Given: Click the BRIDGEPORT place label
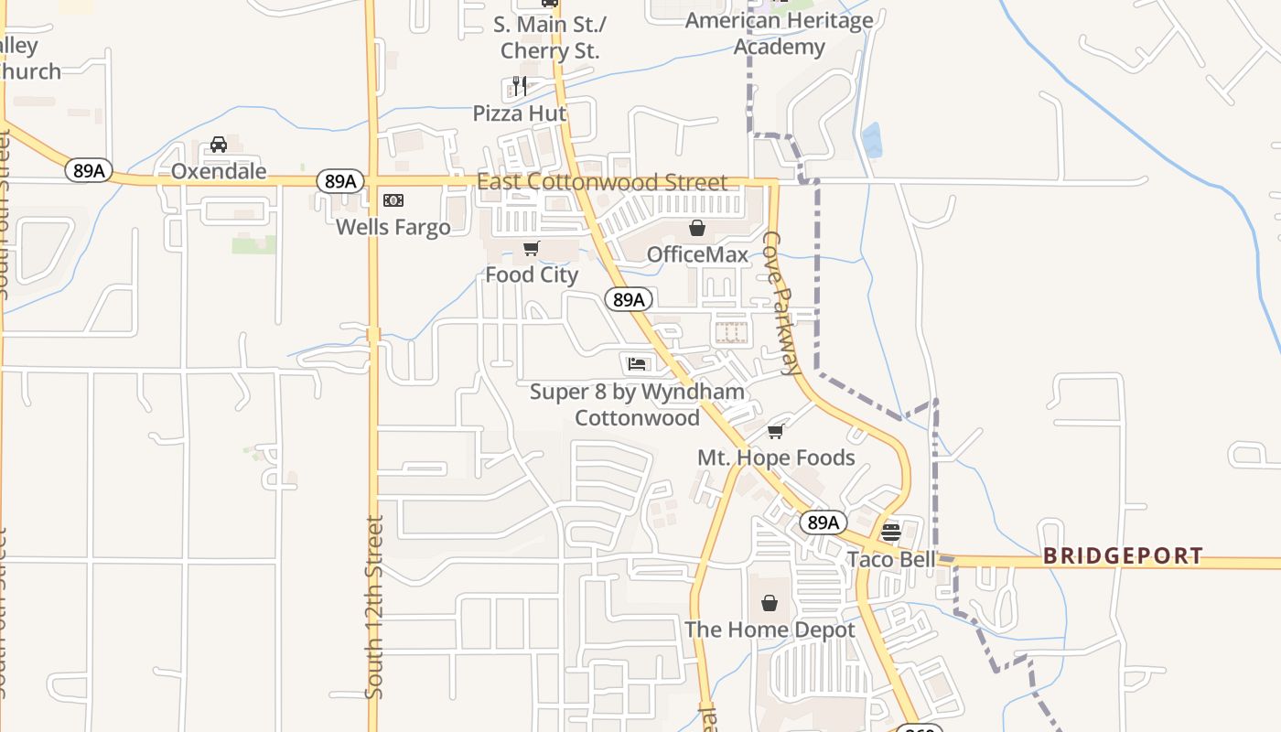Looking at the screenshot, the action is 1123,556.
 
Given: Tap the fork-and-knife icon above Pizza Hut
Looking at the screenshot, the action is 520,87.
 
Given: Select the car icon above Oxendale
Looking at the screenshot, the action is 219,145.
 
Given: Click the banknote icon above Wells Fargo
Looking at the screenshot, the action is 393,200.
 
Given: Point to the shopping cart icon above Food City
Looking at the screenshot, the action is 531,248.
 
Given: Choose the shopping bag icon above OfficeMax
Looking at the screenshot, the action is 697,228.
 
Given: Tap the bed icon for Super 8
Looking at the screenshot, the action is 637,364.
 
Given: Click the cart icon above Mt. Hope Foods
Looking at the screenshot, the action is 776,431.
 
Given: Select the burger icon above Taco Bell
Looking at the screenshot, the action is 891,532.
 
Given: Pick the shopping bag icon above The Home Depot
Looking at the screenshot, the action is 770,603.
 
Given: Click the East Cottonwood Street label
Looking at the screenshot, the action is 602,182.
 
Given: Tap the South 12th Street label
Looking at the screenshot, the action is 374,608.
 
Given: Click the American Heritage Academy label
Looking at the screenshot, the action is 779,33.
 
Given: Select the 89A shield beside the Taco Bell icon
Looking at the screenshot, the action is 823,522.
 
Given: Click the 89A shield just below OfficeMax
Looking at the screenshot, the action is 629,299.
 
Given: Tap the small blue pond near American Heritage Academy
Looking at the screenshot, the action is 872,140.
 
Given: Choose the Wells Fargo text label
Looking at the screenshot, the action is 393,227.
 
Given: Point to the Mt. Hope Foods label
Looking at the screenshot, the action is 776,457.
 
